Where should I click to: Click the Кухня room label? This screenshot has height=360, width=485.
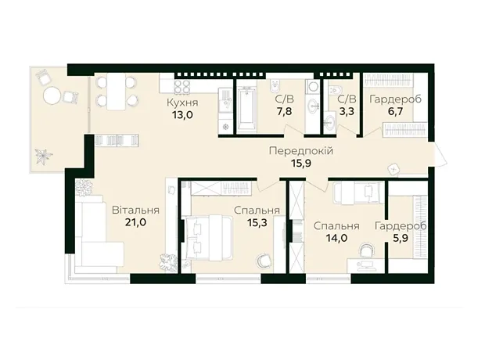pos(182,103)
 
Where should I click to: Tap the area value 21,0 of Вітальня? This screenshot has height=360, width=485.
pos(135,222)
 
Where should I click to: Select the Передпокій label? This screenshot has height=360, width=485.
pos(301,151)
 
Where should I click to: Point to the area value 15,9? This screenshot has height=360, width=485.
pos(301,163)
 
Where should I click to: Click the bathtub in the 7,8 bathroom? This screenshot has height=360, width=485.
pos(246,108)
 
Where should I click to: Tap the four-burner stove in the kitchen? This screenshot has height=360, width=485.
pos(182,87)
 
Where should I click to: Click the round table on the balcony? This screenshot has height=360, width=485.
pos(52,95)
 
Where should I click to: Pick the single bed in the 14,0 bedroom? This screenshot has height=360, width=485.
pos(358,193)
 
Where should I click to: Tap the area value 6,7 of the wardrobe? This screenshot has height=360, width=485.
pos(396,111)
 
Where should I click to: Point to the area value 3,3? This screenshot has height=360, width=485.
pos(347,111)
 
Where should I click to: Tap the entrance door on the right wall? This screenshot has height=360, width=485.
pos(438,157)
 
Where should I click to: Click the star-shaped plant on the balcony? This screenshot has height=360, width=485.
pos(43,156)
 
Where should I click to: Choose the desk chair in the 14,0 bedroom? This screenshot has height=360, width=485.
pos(367,250)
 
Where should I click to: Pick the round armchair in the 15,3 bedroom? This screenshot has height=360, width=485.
pos(264,261)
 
